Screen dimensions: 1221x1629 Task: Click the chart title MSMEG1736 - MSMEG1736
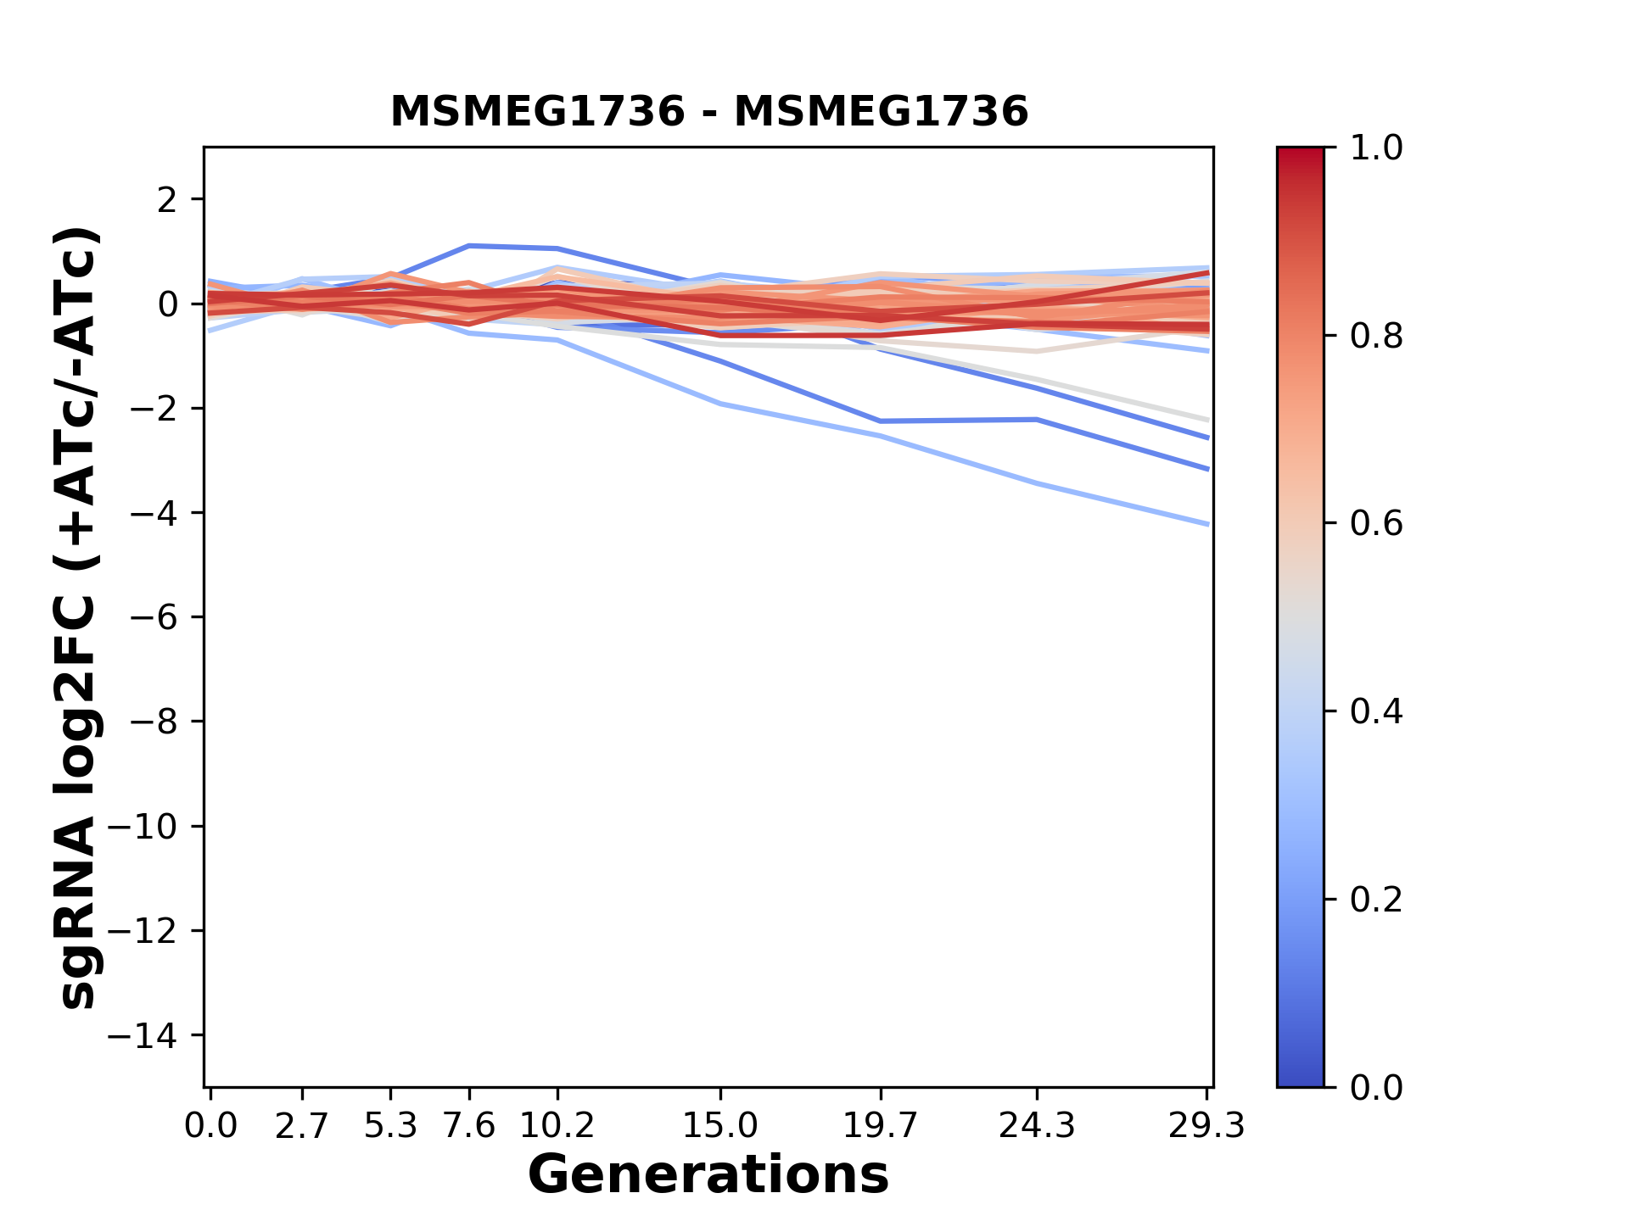pos(708,112)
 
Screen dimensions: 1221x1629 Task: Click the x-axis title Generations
pos(708,1175)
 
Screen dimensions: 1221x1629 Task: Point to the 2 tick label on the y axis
pos(167,200)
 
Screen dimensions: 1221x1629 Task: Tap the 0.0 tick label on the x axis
pos(210,1126)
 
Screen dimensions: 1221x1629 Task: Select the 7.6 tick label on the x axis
pos(469,1126)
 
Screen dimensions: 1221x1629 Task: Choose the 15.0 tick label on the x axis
pos(720,1126)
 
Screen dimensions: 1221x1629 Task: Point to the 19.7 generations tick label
pos(880,1126)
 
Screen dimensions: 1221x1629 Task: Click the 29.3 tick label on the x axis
pos(1206,1126)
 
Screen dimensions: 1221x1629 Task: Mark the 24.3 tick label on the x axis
pos(1037,1126)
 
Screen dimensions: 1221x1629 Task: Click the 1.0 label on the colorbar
pos(1376,148)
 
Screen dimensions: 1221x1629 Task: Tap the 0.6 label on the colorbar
pos(1376,524)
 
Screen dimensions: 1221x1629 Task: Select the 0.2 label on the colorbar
pos(1376,900)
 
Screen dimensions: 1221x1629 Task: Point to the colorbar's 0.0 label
pos(1376,1088)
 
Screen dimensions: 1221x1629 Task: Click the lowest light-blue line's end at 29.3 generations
pos(1206,524)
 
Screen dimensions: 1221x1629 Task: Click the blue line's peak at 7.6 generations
pos(469,246)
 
